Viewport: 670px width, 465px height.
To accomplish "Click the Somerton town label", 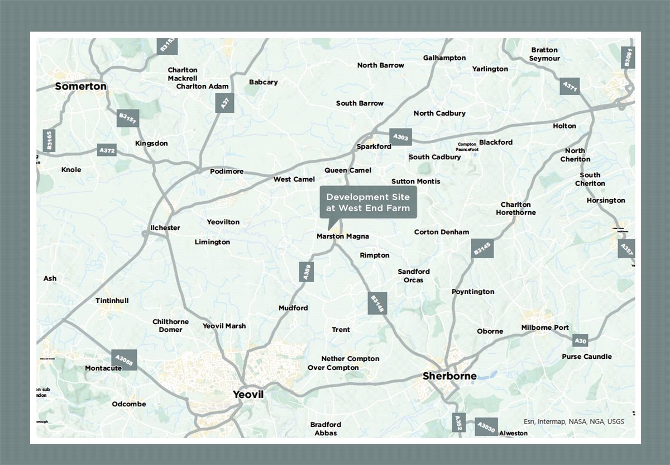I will pos(80,87).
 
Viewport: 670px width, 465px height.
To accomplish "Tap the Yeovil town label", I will pos(248,395).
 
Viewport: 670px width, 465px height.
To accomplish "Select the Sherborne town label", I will pos(449,376).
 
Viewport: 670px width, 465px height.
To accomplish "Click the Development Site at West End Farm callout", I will pos(368,203).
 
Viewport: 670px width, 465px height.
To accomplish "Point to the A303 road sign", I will pos(401,137).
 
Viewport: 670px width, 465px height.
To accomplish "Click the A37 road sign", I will pos(224,103).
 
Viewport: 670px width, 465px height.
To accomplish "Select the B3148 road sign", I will pos(377,304).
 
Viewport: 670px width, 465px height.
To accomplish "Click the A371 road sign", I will pos(570,87).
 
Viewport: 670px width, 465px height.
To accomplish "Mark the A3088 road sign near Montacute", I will pos(124,360).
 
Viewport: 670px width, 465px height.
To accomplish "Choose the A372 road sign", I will pos(107,150).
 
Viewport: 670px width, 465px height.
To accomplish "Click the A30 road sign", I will pos(581,340).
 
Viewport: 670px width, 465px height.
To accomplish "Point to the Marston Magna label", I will pos(342,236).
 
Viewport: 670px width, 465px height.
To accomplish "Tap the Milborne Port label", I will pos(545,328).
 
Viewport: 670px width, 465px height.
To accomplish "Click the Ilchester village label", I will pos(165,228).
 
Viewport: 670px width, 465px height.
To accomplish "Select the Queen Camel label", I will pos(347,170).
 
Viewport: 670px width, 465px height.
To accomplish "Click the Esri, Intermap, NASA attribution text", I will pos(574,421).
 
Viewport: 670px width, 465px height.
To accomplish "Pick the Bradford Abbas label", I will pos(326,429).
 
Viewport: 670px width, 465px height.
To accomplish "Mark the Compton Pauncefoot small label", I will pos(467,147).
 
